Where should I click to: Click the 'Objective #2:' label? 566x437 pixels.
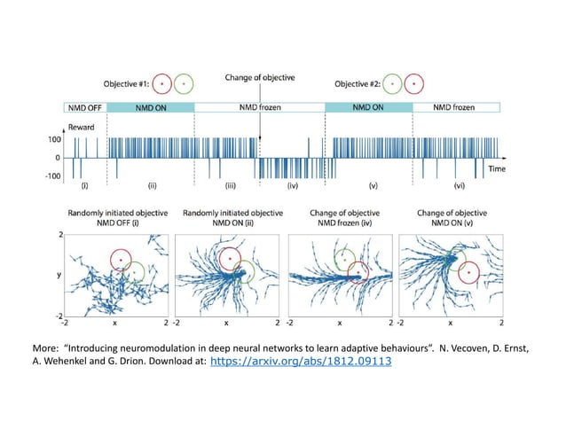(x=358, y=85)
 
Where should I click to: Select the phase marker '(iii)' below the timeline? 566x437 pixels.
(x=230, y=186)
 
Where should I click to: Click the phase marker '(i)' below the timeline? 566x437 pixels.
(x=85, y=186)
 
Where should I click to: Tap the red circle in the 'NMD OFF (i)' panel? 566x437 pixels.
(x=121, y=260)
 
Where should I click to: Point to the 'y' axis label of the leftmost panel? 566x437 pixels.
(x=60, y=275)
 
